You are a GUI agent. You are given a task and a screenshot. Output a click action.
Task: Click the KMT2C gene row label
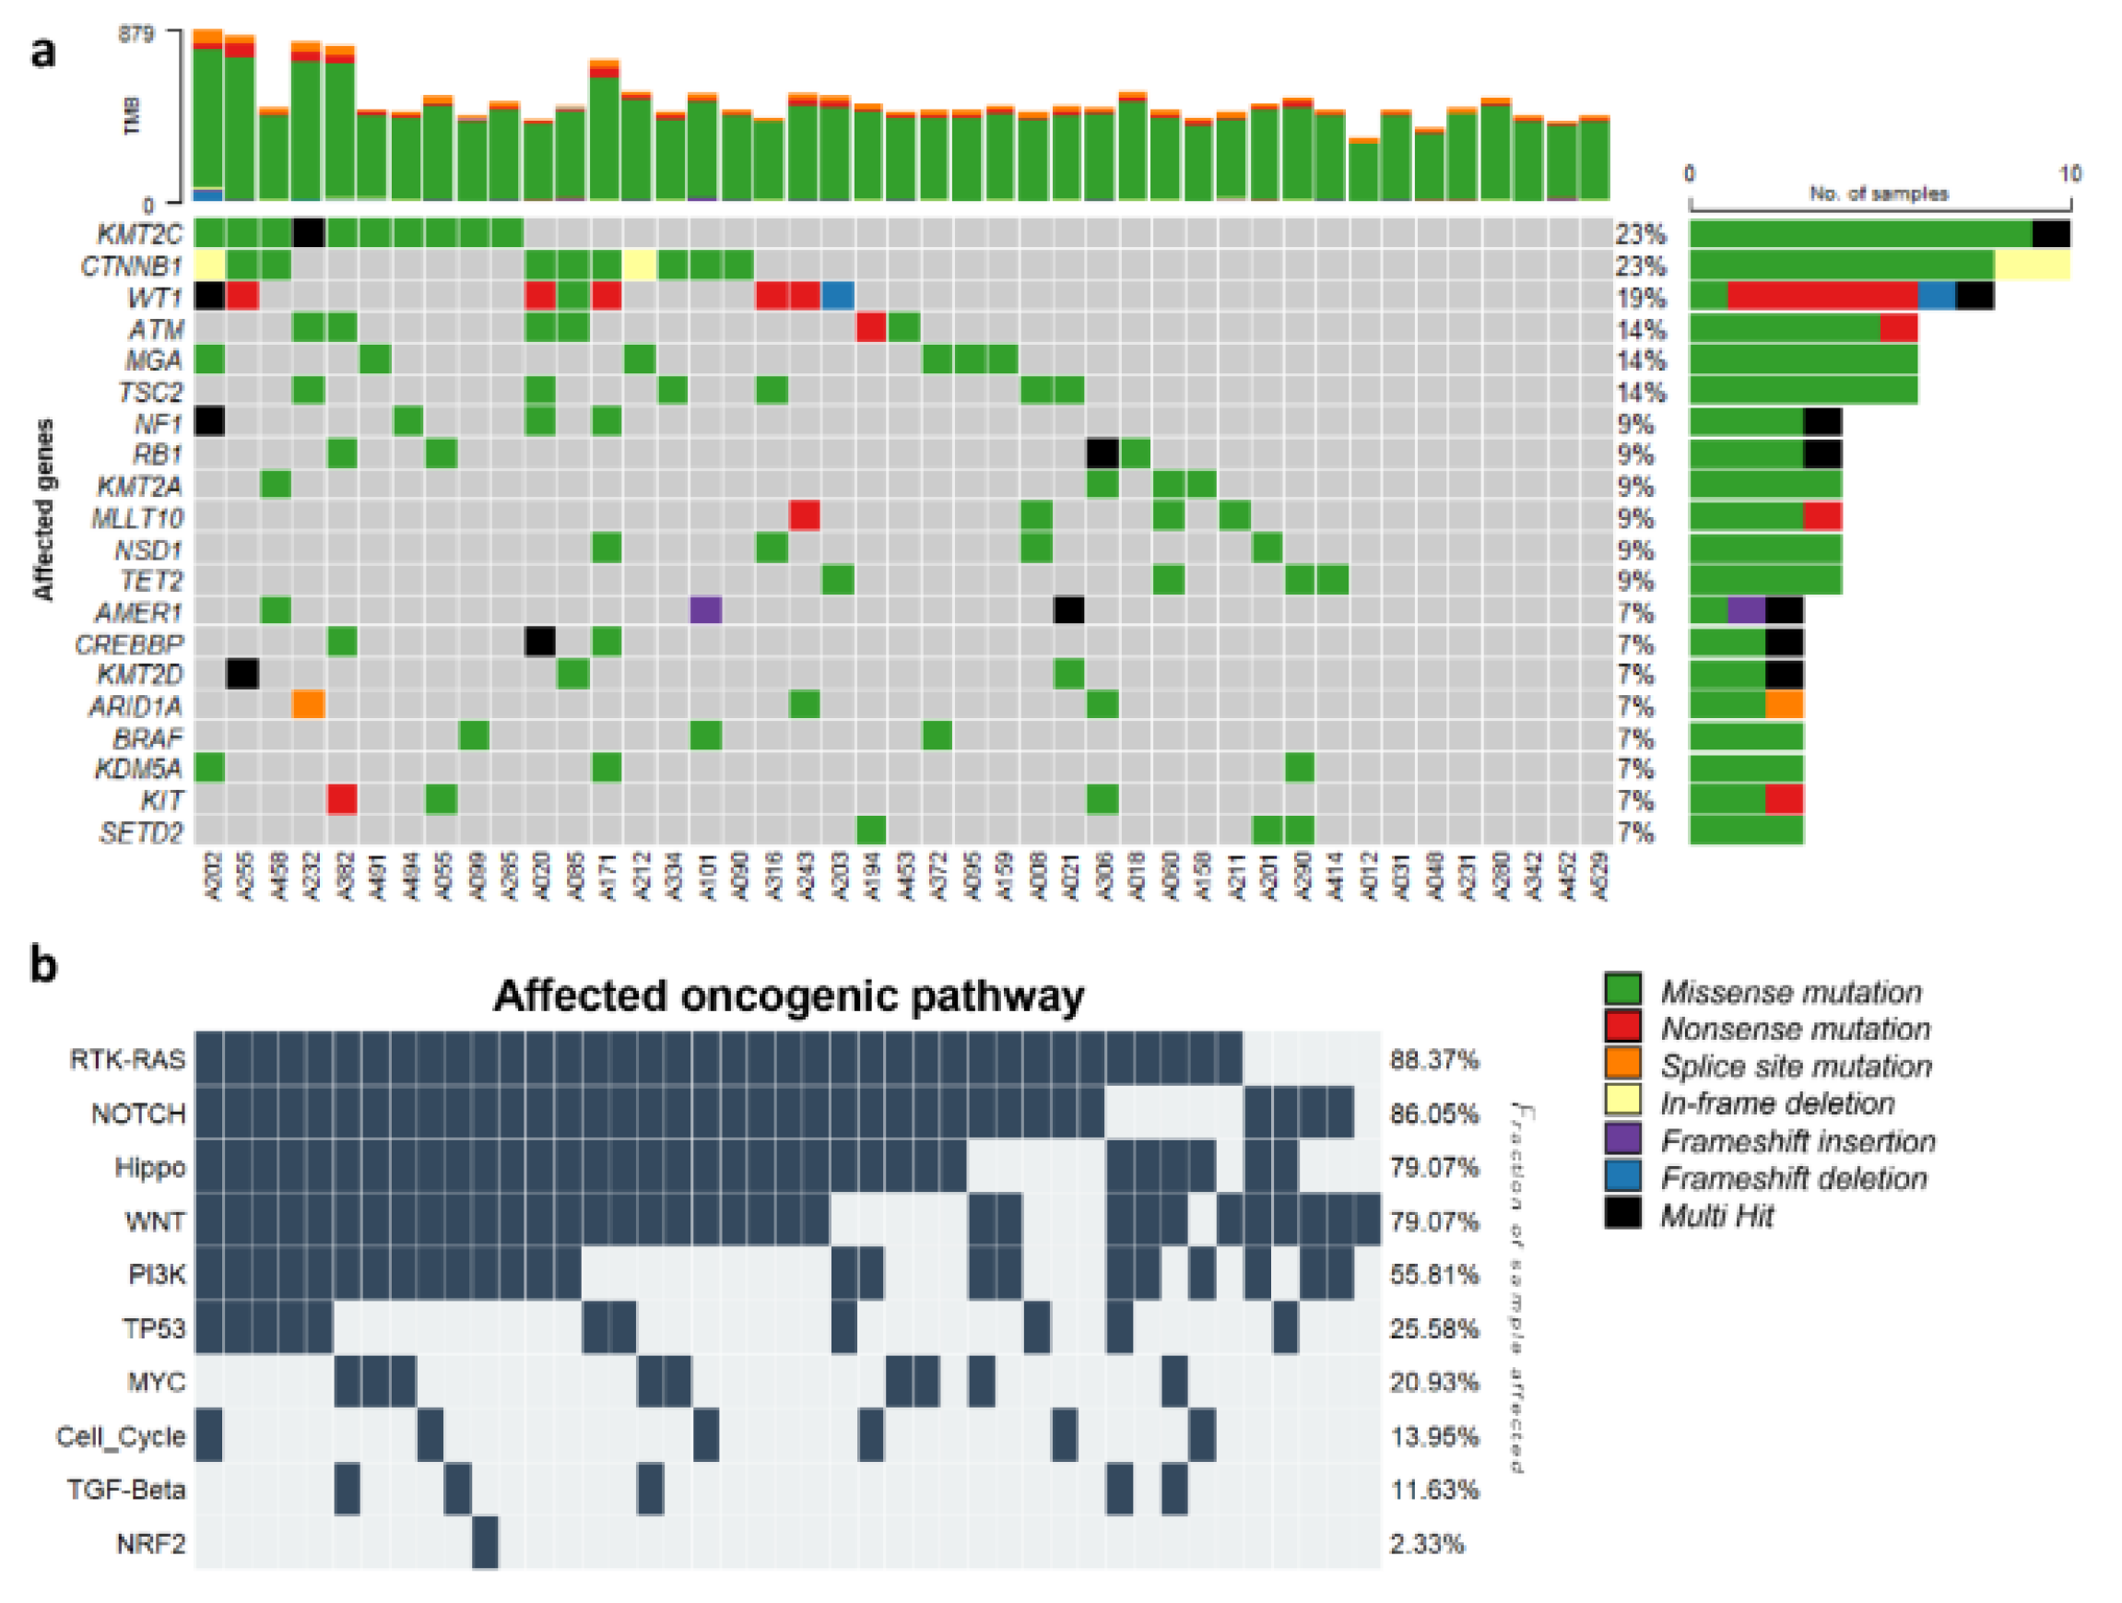coord(139,233)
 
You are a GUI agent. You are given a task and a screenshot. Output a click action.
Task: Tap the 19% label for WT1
coord(1641,298)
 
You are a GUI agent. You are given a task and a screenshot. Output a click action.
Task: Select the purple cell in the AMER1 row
coord(705,610)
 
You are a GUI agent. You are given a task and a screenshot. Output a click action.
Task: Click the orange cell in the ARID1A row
coord(309,705)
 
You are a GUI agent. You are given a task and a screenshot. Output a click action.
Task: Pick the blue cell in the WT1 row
coord(838,296)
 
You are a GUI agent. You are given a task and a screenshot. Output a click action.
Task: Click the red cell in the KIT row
coord(341,799)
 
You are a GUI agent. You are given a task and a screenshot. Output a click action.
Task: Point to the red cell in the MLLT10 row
coord(804,516)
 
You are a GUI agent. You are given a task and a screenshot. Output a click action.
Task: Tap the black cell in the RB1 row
coord(1102,453)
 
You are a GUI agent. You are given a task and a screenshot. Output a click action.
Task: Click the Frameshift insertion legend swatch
coord(1622,1140)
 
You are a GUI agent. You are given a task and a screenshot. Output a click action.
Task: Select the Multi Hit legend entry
coord(1716,1217)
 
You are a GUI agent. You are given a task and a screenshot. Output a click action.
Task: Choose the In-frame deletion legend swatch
coord(1622,1103)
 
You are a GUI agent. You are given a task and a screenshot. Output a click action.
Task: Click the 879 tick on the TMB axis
coord(136,33)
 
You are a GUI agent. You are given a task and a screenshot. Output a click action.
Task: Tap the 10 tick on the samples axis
coord(2069,174)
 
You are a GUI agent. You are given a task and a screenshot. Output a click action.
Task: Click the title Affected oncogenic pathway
coord(788,996)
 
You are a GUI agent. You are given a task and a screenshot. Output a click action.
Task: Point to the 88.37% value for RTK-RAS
coord(1433,1060)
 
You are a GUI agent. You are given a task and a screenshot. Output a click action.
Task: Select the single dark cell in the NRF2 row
coord(486,1542)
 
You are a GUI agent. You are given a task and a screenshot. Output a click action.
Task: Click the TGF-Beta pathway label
coord(125,1490)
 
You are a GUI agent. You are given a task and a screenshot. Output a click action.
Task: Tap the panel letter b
coord(43,964)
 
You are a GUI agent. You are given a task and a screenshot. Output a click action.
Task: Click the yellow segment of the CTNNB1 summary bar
coord(2031,265)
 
